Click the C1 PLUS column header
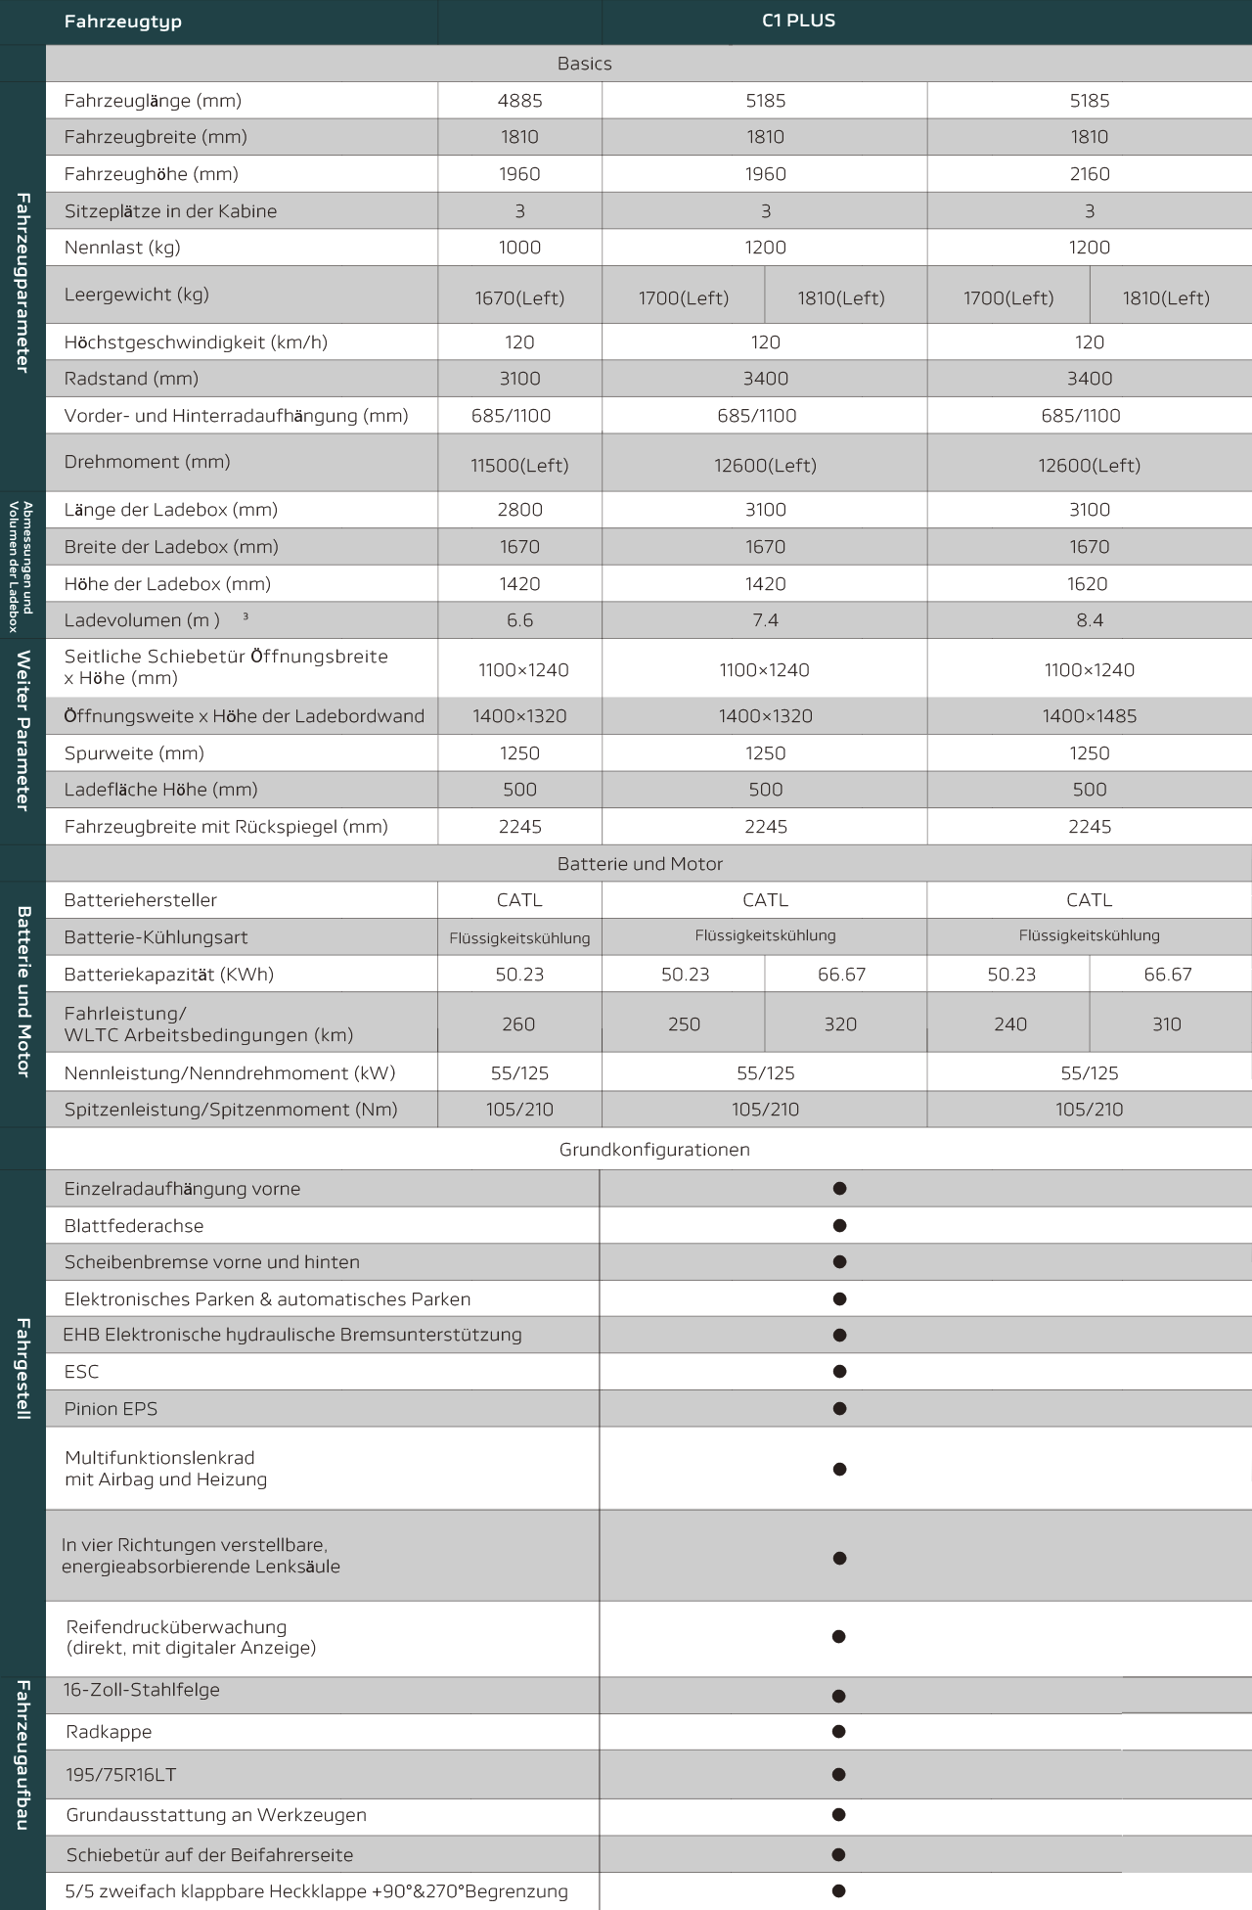(x=798, y=21)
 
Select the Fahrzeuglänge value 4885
(x=519, y=101)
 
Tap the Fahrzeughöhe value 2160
(x=1089, y=174)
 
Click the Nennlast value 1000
(x=519, y=248)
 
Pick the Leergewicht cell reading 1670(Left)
(x=519, y=298)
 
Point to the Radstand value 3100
(x=519, y=379)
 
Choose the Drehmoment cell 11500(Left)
(x=519, y=466)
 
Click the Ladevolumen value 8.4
(x=1089, y=620)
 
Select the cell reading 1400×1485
(x=1089, y=716)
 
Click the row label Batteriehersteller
(x=141, y=900)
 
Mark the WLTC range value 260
(x=518, y=1024)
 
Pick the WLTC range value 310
(x=1166, y=1024)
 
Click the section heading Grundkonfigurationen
(x=654, y=1150)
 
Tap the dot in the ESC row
(x=839, y=1372)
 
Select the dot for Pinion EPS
(x=839, y=1409)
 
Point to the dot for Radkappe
(x=838, y=1732)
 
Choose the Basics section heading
(x=584, y=64)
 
